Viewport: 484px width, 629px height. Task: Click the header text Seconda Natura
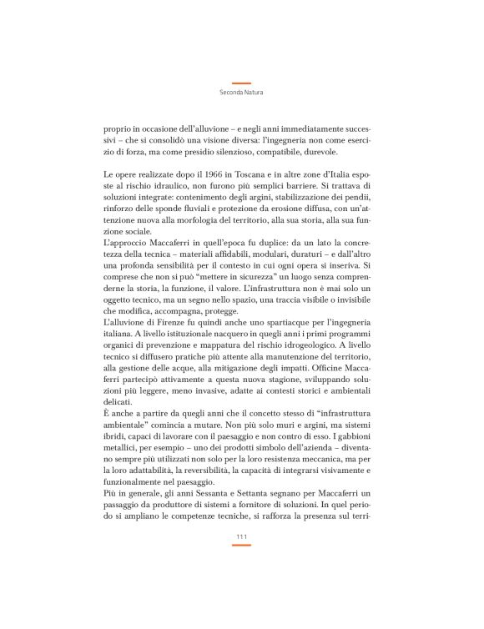pyautogui.click(x=241, y=93)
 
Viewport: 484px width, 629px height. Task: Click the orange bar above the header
pyautogui.click(x=241, y=83)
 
